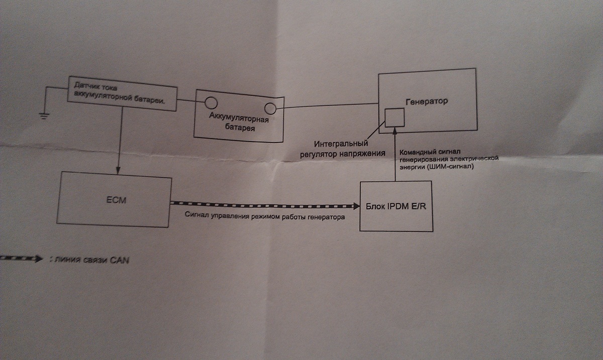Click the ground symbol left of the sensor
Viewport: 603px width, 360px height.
(x=44, y=115)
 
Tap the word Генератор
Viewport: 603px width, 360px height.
(x=426, y=101)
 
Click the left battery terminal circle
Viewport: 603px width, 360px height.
(x=211, y=103)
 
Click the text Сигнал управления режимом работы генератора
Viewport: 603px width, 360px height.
(x=264, y=217)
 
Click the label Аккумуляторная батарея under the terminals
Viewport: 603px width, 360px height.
(x=239, y=124)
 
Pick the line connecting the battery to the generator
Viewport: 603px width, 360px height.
(x=327, y=106)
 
